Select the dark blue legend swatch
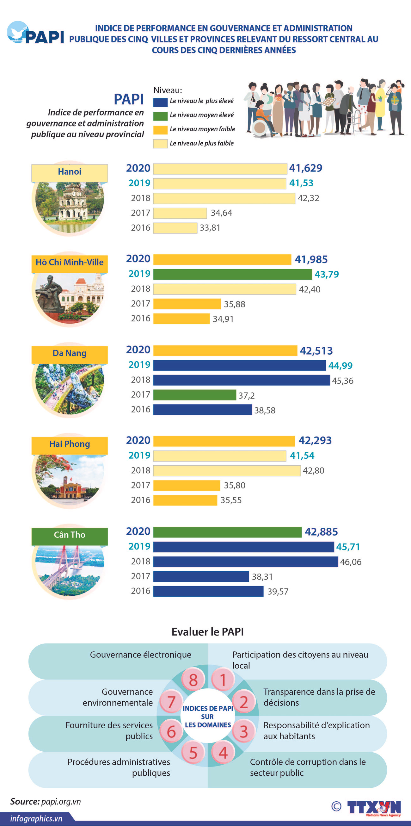pyautogui.click(x=160, y=102)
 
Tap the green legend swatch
pyautogui.click(x=160, y=116)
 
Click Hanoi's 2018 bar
pyautogui.click(x=224, y=198)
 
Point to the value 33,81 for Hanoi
pyautogui.click(x=210, y=228)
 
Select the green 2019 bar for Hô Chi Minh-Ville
pyautogui.click(x=232, y=274)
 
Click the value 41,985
pyautogui.click(x=311, y=259)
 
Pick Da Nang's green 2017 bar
pyautogui.click(x=194, y=395)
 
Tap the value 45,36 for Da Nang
pyautogui.click(x=342, y=381)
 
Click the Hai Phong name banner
pyautogui.click(x=70, y=444)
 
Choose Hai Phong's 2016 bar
pyautogui.click(x=185, y=500)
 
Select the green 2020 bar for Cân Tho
pyautogui.click(x=227, y=532)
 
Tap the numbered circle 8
pyautogui.click(x=193, y=680)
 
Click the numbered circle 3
pyautogui.click(x=243, y=731)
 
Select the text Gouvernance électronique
pyautogui.click(x=140, y=655)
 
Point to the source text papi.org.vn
pyautogui.click(x=61, y=802)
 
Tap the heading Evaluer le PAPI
pyautogui.click(x=208, y=632)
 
